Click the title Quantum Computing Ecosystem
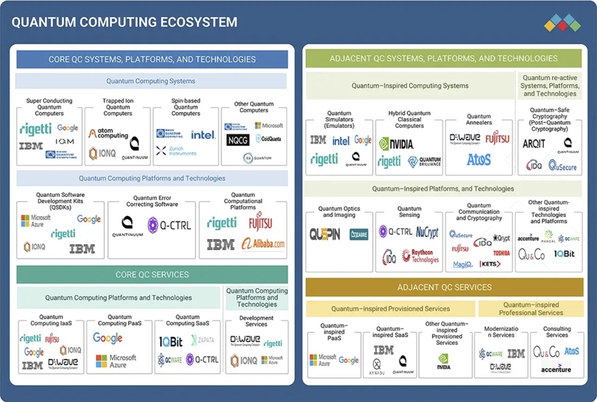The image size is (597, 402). [x=124, y=22]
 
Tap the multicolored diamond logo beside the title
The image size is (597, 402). [x=562, y=23]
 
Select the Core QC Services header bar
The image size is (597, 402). [x=152, y=275]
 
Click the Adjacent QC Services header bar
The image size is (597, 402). [x=444, y=288]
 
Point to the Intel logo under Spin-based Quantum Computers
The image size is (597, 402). [x=203, y=135]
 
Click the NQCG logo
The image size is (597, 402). [x=238, y=140]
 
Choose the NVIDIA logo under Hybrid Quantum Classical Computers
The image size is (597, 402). [x=396, y=144]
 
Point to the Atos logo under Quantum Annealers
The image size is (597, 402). [x=479, y=160]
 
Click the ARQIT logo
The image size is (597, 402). [x=535, y=143]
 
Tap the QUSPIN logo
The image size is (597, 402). [x=325, y=234]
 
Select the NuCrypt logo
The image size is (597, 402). [x=426, y=233]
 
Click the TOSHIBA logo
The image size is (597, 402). [x=501, y=253]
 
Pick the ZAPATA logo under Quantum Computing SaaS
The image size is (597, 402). [x=203, y=340]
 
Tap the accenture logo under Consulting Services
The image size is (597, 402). [x=556, y=370]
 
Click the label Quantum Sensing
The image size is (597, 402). [x=409, y=213]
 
